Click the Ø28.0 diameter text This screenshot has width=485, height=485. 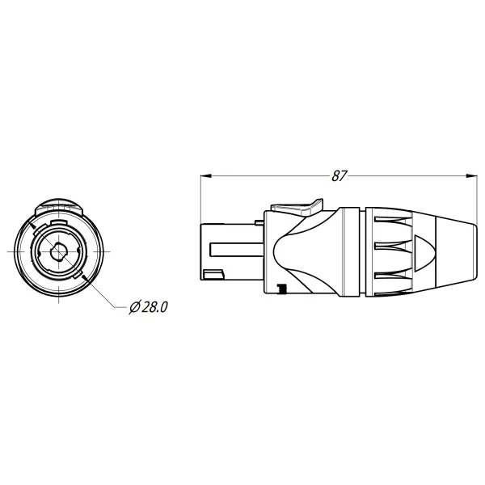[149, 307]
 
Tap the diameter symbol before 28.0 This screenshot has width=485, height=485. [134, 307]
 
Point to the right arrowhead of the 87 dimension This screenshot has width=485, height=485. [470, 174]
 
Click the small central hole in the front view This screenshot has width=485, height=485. [57, 252]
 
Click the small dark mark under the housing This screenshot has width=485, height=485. [281, 288]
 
